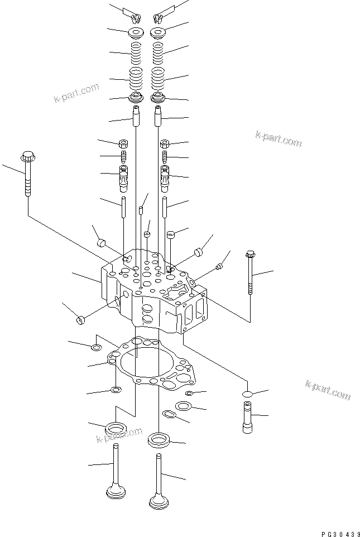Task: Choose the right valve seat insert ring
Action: pos(159,440)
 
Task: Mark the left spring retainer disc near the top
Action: pos(136,32)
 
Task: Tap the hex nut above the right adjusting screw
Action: pos(165,144)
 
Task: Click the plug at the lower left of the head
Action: pos(81,319)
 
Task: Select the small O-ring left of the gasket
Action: pos(96,349)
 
